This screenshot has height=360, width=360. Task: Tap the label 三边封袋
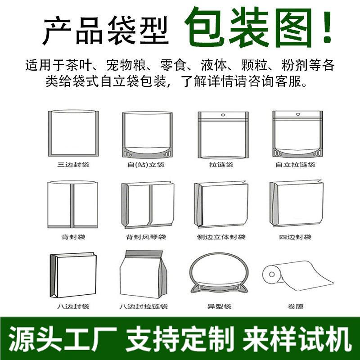[73, 165]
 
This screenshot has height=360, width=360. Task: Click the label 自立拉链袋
[295, 165]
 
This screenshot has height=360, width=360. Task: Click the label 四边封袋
[295, 237]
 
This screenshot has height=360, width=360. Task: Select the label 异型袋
[219, 306]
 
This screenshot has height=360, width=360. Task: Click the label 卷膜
[296, 306]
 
